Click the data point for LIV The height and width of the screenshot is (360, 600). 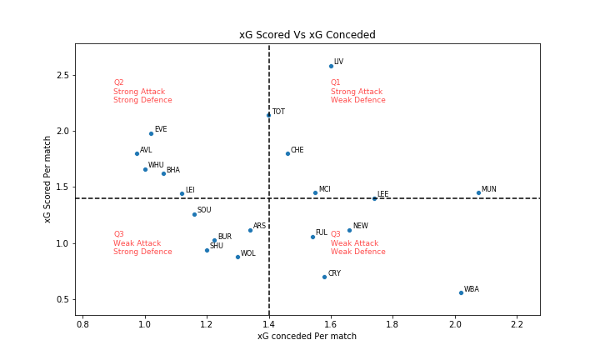point(331,66)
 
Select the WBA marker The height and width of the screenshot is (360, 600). point(461,292)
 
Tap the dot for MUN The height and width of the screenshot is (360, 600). point(478,192)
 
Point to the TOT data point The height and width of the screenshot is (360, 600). point(268,115)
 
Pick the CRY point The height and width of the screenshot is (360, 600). point(324,277)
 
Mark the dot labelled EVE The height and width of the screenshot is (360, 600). point(151,133)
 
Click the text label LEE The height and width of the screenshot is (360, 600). point(382,194)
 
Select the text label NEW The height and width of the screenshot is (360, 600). point(360,226)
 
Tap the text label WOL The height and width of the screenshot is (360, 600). point(247,253)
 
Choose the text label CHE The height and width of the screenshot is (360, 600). point(297,150)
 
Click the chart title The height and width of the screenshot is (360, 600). point(307,35)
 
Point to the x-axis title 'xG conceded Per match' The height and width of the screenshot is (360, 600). point(307,337)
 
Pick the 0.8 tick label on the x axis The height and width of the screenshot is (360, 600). point(82,322)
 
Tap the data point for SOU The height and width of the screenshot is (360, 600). point(194,214)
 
